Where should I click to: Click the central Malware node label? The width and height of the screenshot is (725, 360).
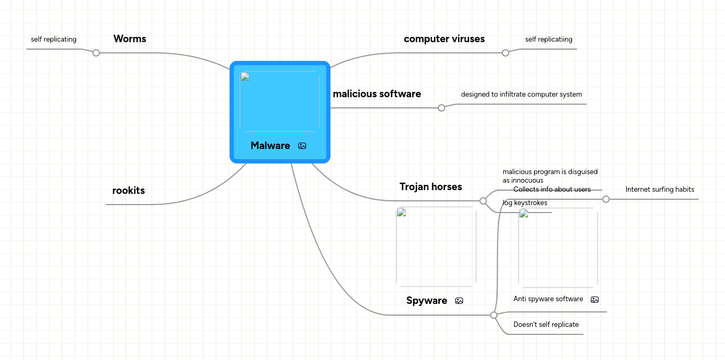(270, 146)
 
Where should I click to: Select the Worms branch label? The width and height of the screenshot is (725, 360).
(130, 39)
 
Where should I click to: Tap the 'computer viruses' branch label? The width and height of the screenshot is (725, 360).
(444, 39)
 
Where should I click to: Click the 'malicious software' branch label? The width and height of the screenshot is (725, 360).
(377, 94)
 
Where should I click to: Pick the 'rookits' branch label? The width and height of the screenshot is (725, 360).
(129, 191)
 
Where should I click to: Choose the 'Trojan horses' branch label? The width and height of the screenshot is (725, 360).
(431, 187)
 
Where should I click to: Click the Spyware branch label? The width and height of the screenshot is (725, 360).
(427, 301)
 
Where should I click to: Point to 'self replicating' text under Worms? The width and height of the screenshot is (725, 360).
(53, 40)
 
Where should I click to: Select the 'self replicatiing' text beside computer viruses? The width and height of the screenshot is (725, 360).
(549, 40)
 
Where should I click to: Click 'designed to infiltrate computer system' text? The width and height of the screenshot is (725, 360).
(522, 95)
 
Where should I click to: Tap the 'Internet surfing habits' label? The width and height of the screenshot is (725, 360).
(660, 190)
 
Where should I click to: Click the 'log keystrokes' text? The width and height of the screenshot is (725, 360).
(525, 203)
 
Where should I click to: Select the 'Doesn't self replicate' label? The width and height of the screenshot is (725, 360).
(546, 325)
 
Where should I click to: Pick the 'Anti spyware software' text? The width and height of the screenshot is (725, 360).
(548, 299)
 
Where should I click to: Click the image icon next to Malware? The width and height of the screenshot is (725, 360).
(302, 146)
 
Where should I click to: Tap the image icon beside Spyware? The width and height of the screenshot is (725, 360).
(459, 301)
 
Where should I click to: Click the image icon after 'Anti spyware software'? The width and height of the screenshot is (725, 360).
(595, 300)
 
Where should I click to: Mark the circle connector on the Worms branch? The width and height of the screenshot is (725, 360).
(96, 53)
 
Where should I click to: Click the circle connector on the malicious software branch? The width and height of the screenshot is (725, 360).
(442, 108)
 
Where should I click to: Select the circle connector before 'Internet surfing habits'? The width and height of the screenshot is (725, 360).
(606, 199)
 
